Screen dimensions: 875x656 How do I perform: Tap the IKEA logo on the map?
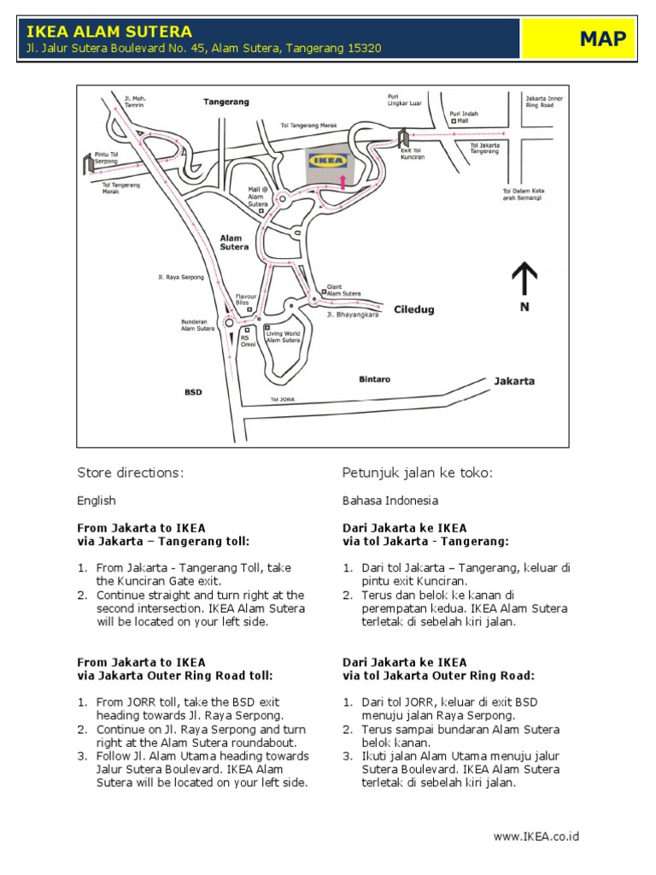coord(328,160)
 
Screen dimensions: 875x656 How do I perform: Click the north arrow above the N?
coord(524,279)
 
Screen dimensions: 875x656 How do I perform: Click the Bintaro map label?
coord(374,377)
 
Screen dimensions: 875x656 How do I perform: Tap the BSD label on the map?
coord(193,392)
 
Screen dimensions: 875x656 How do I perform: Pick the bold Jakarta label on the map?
coord(514,381)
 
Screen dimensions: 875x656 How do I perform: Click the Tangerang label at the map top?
coord(226,102)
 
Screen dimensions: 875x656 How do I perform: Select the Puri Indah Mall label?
coord(466,117)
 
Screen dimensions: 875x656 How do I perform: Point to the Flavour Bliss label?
coord(248,300)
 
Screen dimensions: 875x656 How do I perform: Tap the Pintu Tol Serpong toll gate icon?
coord(88,161)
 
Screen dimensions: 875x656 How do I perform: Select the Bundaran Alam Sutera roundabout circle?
coord(228,323)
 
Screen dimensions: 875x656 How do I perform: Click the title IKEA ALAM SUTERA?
coord(109,32)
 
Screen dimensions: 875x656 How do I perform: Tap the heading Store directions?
coord(131,473)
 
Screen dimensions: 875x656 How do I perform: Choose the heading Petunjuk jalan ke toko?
coord(418,473)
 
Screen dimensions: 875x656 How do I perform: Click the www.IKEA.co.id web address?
coord(536,836)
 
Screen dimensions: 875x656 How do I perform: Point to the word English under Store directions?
coord(97,501)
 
